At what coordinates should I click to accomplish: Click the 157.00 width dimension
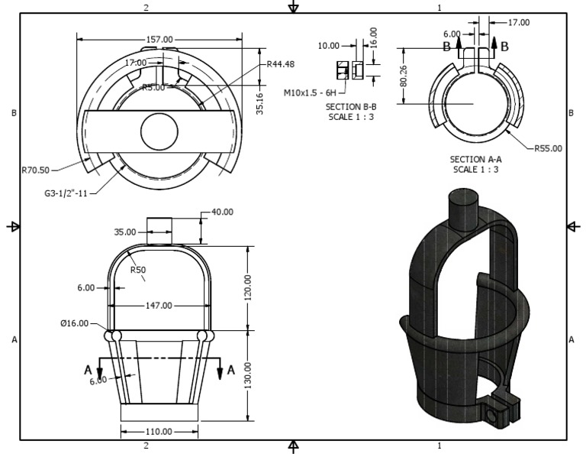(159, 39)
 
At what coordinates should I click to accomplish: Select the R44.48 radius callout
(281, 64)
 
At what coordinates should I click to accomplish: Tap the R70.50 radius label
(36, 170)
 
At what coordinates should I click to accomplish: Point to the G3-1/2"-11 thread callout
(66, 193)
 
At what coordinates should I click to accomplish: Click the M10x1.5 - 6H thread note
(310, 92)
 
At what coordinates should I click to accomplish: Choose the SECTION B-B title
(351, 107)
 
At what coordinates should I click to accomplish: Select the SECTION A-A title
(476, 160)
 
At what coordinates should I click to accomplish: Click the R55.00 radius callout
(548, 148)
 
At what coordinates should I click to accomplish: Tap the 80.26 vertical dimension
(403, 76)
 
